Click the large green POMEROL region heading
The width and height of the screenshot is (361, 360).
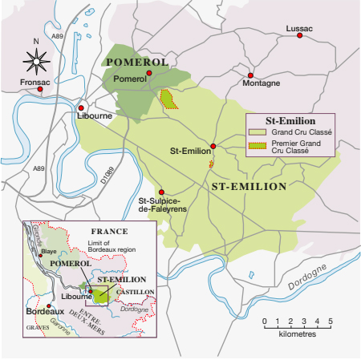136,62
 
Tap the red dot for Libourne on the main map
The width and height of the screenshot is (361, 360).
81,107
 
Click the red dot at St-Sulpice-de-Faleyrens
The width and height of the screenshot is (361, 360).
162,192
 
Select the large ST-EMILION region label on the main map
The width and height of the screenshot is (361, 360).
248,186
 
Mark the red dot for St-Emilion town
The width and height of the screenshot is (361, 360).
213,147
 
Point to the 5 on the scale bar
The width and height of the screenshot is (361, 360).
330,321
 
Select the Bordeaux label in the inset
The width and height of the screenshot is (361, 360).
44,310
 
